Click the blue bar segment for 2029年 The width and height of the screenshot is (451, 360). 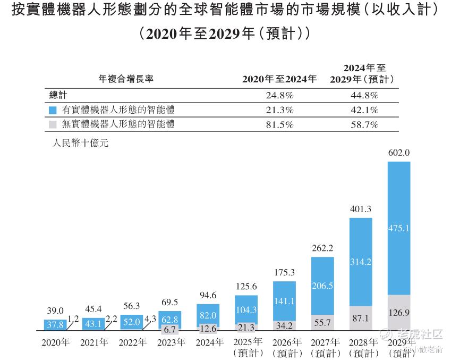[399, 228]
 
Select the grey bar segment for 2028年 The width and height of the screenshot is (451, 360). [360, 318]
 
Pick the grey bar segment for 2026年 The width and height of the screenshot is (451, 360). [284, 324]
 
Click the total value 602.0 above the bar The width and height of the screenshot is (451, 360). [399, 153]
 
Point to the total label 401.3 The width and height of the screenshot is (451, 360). [360, 209]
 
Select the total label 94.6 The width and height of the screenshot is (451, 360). [208, 296]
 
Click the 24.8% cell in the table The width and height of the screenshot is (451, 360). [279, 96]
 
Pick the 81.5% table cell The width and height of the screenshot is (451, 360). [279, 125]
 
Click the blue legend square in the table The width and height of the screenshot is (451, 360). [52, 111]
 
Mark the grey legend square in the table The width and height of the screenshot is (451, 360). [52, 125]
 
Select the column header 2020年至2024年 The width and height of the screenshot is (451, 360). [279, 79]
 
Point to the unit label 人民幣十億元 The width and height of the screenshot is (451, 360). [80, 143]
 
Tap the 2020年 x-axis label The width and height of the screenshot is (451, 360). [56, 342]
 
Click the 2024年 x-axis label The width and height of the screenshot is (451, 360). [208, 342]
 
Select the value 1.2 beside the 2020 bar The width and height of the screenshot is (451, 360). [73, 320]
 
